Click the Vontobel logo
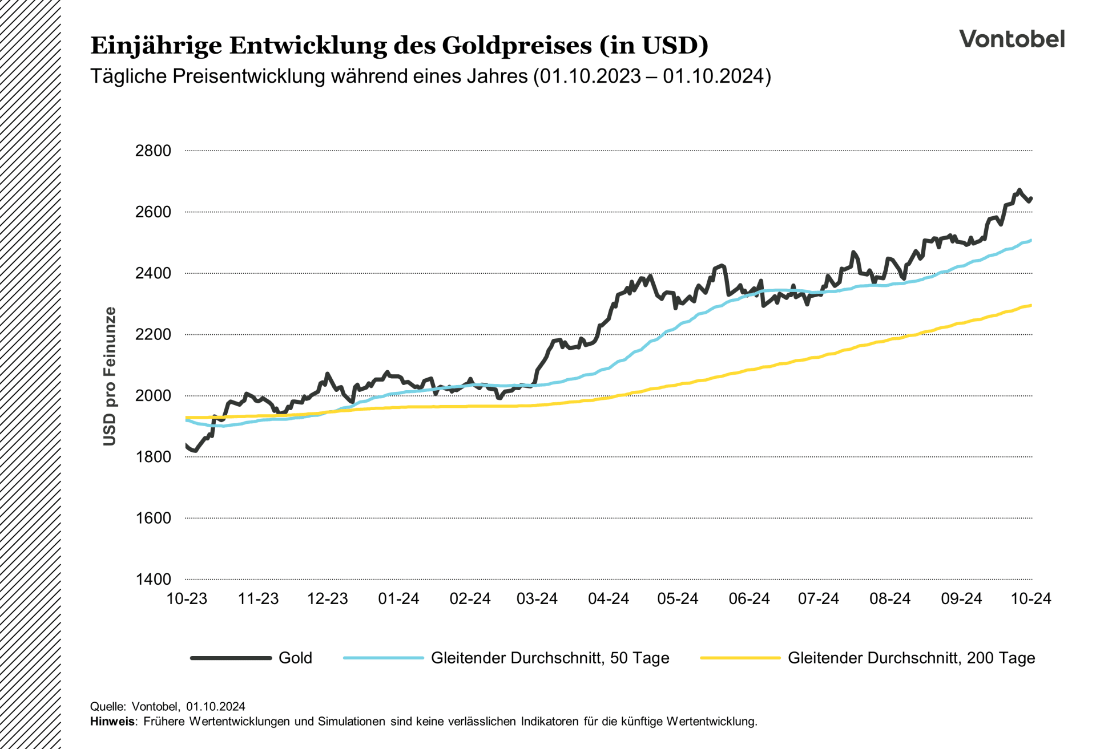(x=1012, y=39)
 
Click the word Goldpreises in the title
(x=517, y=46)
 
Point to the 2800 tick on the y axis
(x=153, y=151)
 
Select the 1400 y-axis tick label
(x=153, y=579)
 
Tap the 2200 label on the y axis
(x=153, y=334)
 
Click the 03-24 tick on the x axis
(x=537, y=598)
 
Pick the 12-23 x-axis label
(x=327, y=598)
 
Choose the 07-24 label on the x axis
(x=818, y=598)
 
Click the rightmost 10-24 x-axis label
(x=1030, y=598)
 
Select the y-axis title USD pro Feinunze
(x=110, y=376)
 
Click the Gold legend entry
(x=295, y=658)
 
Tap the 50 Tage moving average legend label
(x=550, y=658)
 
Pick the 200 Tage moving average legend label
(x=911, y=658)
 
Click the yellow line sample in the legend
(x=740, y=658)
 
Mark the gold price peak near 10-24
(x=1020, y=189)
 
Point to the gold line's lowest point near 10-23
(x=195, y=451)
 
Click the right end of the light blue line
(x=1030, y=240)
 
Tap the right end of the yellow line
(x=1030, y=305)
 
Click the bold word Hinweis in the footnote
(x=112, y=721)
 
